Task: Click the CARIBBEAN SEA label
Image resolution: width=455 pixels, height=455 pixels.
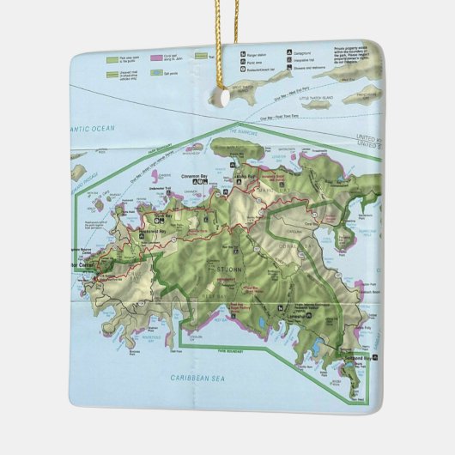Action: click(x=197, y=378)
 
